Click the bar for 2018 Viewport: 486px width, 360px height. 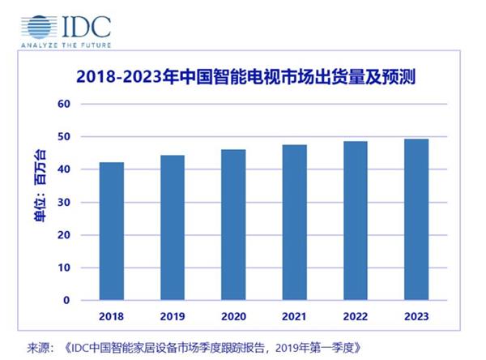(112, 231)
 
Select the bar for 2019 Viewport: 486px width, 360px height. (173, 228)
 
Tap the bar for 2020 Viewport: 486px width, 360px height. (233, 225)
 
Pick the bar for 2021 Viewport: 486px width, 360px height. (294, 222)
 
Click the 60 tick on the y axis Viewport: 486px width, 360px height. (66, 104)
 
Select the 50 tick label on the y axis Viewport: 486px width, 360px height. (66, 137)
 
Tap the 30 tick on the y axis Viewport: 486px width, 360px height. (66, 203)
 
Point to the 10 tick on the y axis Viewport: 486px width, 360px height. (66, 268)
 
